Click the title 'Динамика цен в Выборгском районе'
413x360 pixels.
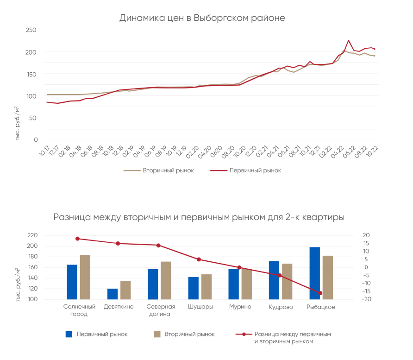tap(202, 18)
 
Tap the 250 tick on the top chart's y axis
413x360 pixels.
tap(31, 30)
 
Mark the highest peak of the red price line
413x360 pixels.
tap(349, 41)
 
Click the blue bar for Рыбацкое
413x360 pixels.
tap(315, 273)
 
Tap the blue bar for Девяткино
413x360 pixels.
tap(113, 294)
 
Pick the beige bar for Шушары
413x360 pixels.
tap(206, 287)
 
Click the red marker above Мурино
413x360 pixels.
tap(239, 267)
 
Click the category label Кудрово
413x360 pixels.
tap(281, 307)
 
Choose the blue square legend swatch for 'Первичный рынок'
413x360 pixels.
tap(69, 334)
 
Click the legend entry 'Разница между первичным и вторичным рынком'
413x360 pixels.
tap(293, 337)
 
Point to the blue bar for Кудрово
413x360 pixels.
tap(274, 280)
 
